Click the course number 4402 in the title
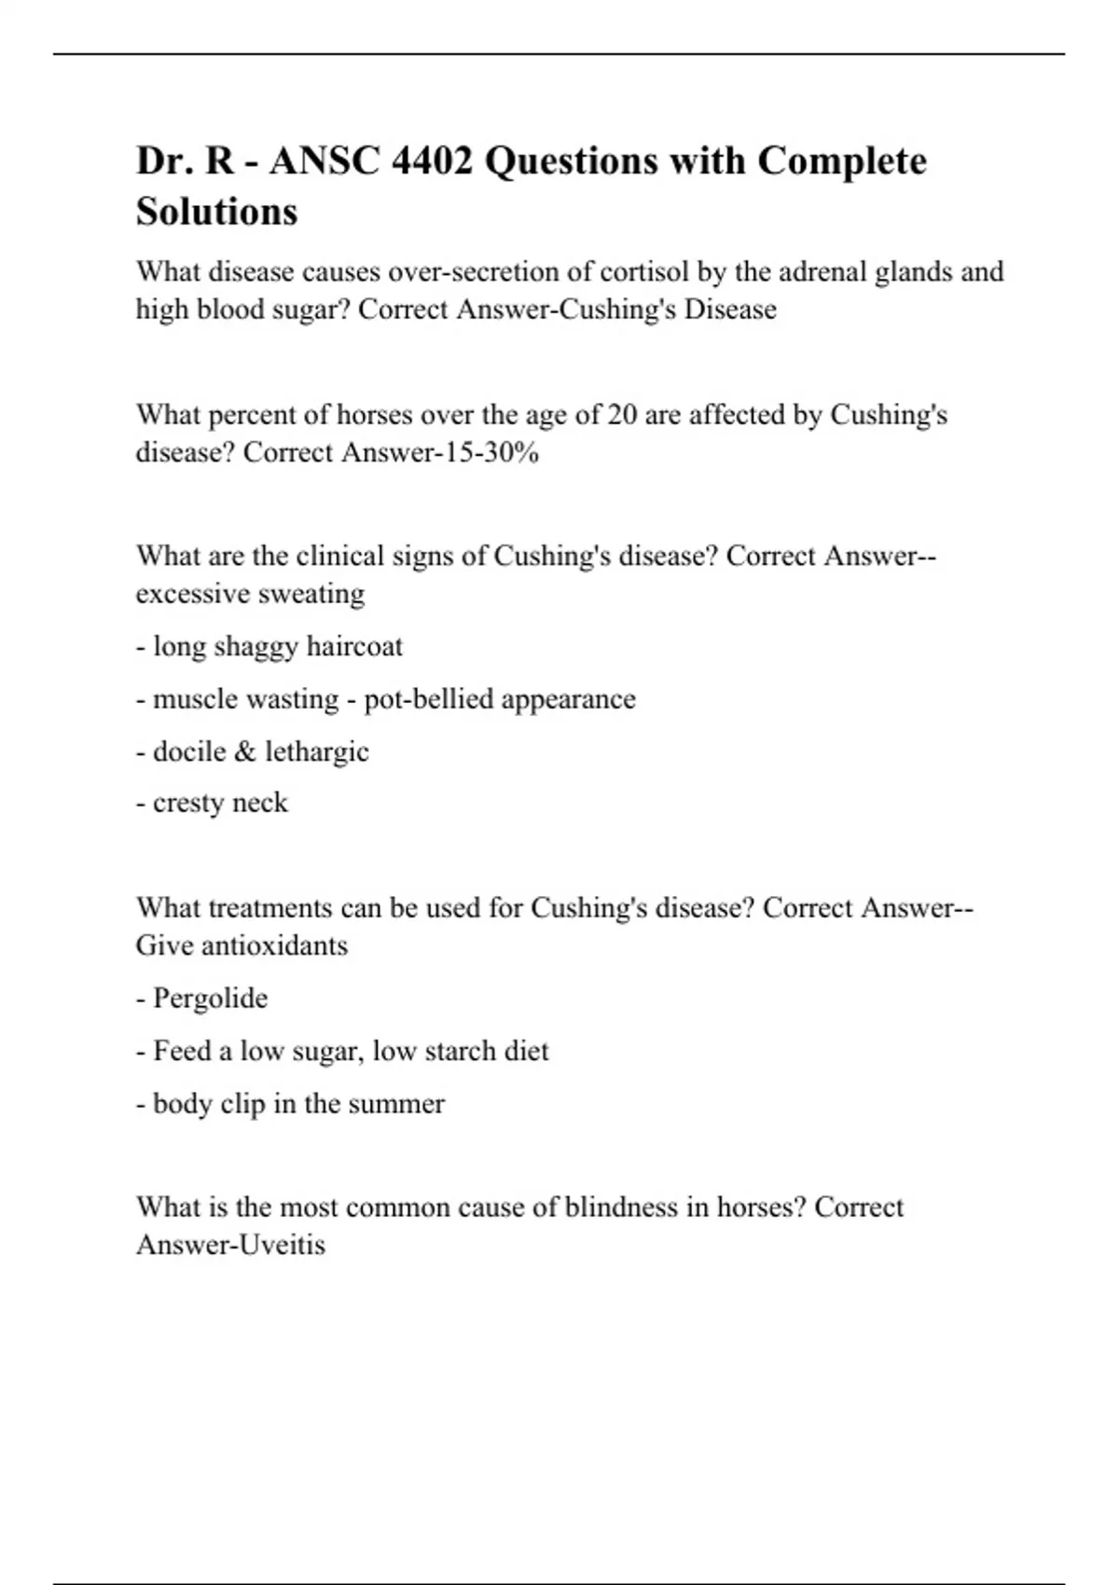(432, 161)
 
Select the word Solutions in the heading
(216, 212)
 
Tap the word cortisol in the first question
(643, 271)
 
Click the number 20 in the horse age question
(622, 414)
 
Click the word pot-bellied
(428, 699)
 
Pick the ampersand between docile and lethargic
(245, 751)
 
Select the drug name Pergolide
(210, 999)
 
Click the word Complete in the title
(841, 161)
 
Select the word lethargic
(316, 751)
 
